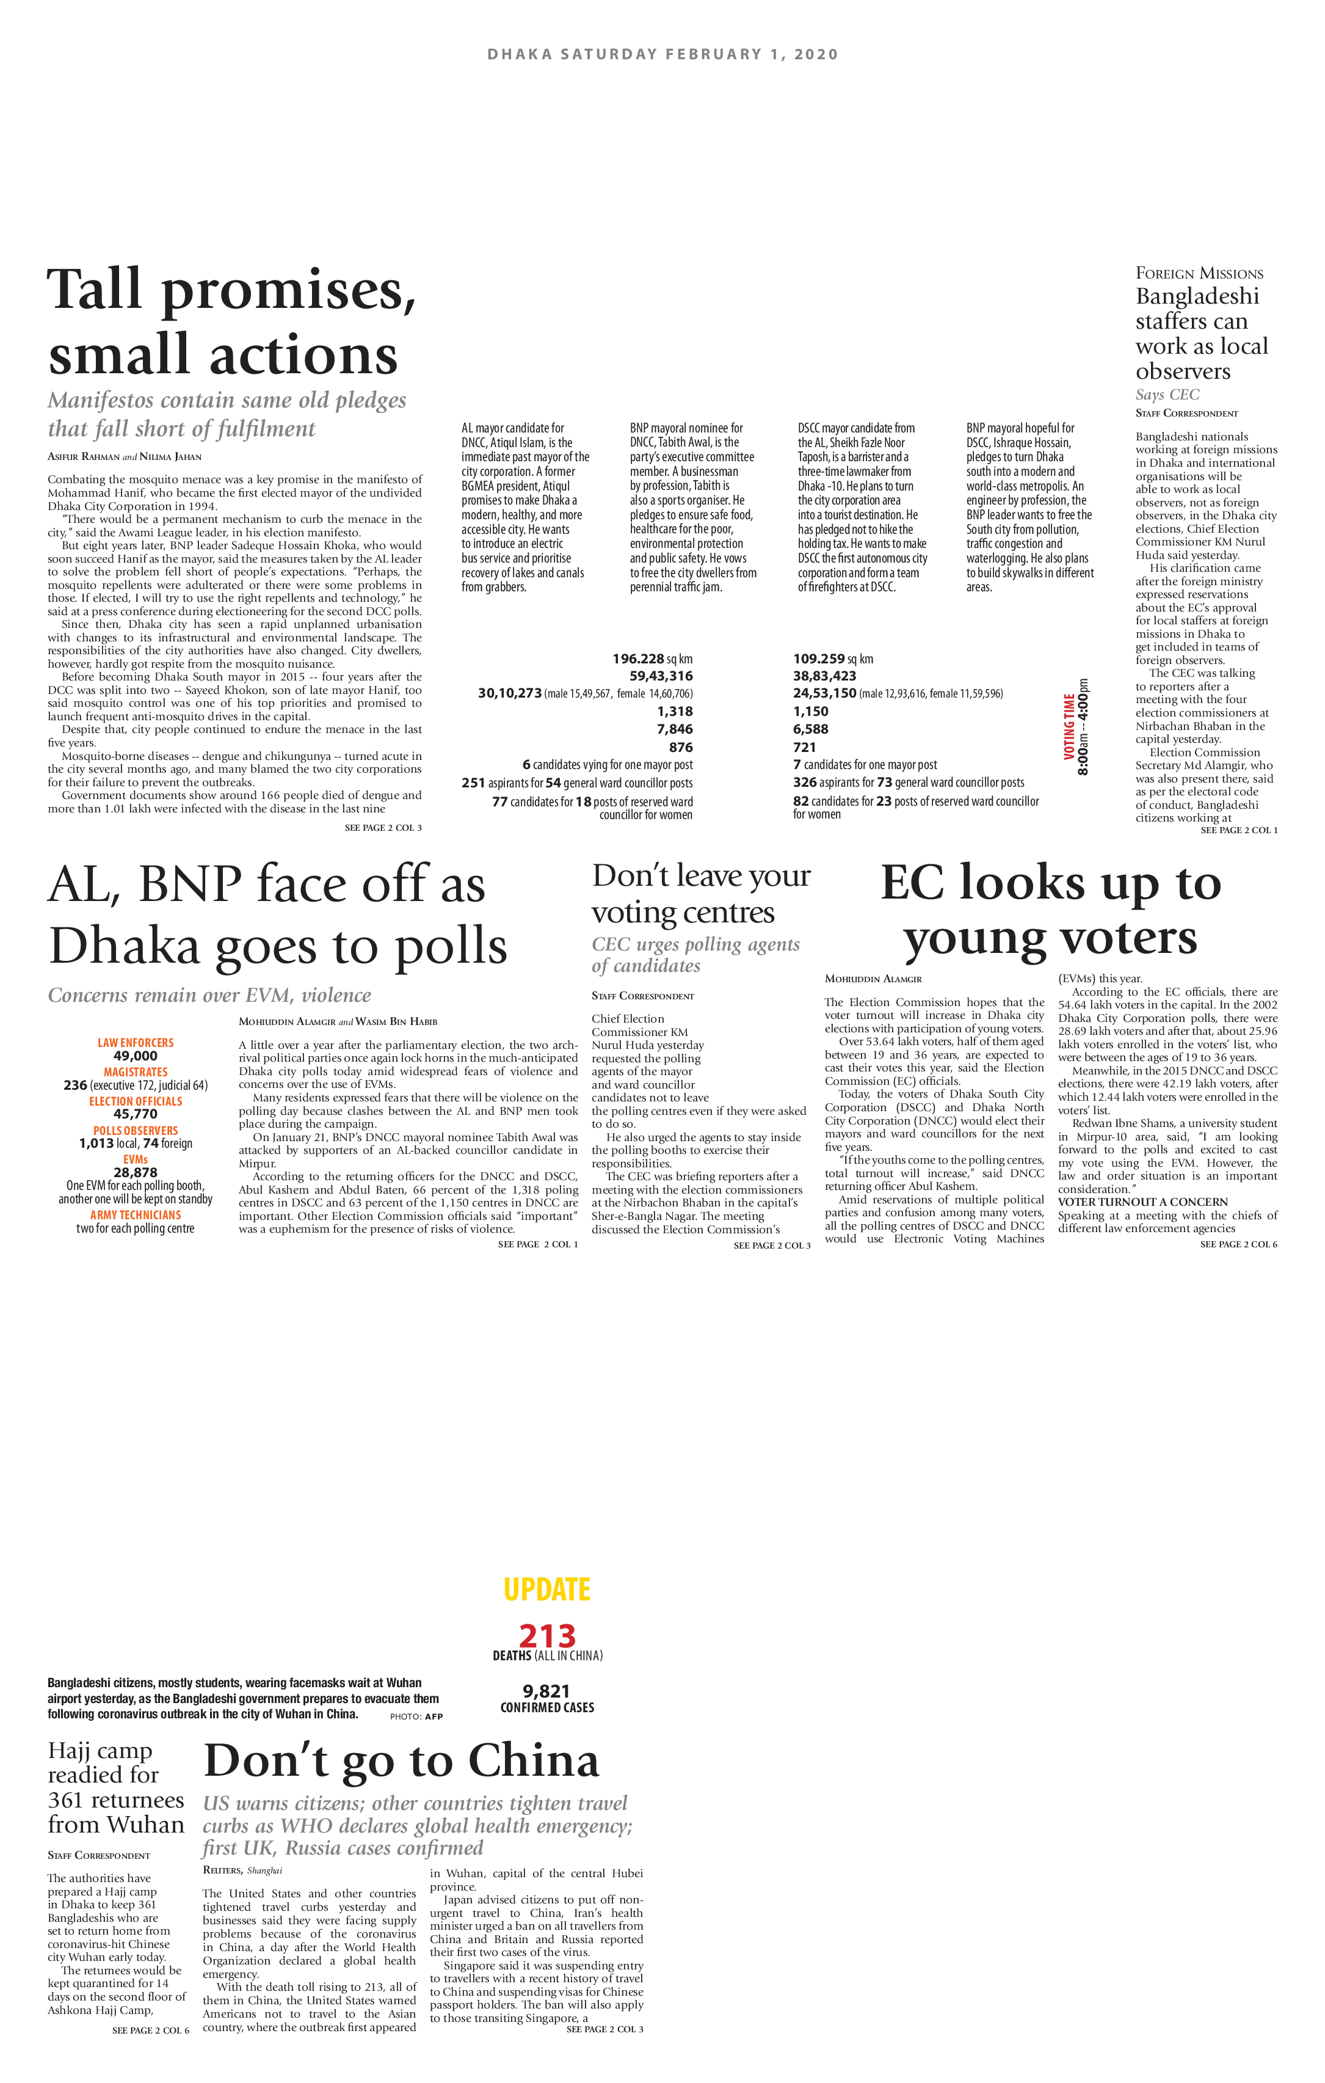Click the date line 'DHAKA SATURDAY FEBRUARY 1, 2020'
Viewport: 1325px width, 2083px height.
[x=662, y=54]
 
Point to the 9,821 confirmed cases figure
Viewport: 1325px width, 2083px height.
[x=546, y=1690]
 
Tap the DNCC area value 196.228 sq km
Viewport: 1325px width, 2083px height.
[x=652, y=659]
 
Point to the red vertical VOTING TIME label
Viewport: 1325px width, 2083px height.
[x=1069, y=727]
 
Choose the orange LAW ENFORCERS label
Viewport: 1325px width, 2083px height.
[x=136, y=1042]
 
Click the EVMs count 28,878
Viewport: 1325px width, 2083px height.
[x=136, y=1172]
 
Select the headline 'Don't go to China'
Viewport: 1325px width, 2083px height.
[x=401, y=1760]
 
